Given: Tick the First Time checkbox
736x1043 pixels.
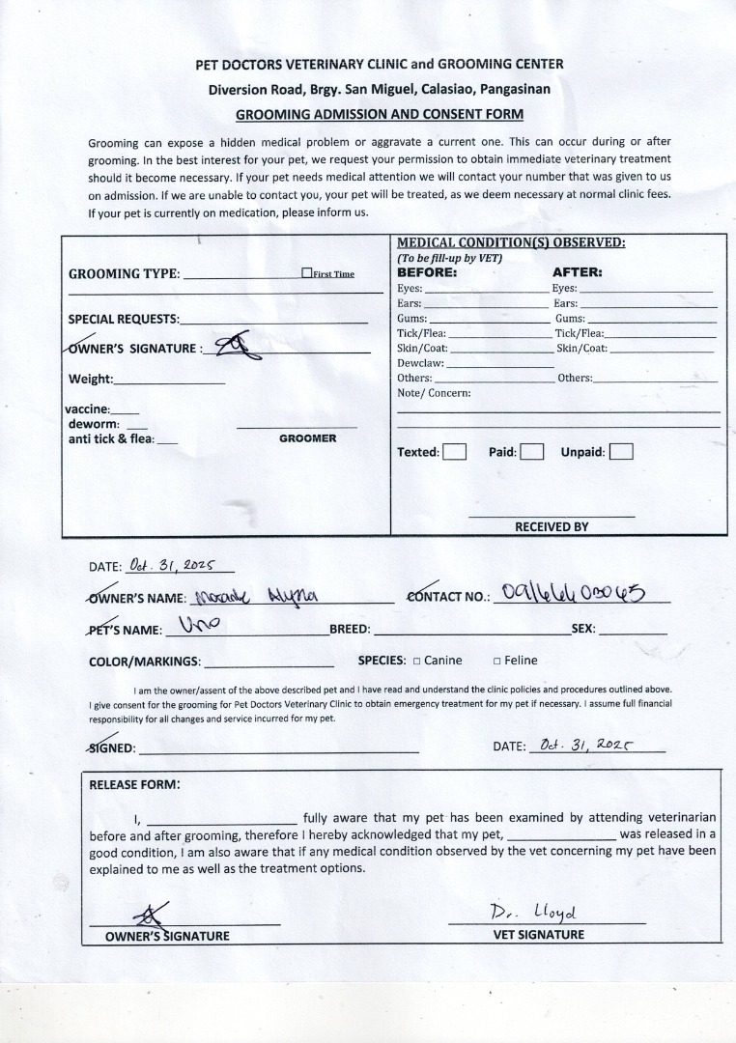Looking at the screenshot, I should pos(306,273).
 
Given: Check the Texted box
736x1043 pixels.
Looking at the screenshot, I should pos(454,452).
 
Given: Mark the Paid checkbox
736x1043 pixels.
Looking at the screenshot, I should pos(532,452).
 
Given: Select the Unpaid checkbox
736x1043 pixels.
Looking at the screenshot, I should pos(621,452).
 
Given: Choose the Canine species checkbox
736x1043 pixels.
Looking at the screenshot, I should pos(416,662).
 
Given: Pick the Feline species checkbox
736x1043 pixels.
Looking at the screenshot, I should pos(496,662).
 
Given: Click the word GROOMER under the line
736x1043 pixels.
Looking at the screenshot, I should pos(308,438).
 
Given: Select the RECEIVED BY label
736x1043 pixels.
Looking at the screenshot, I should pos(552,526).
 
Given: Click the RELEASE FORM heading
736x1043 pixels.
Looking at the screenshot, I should pos(134,784).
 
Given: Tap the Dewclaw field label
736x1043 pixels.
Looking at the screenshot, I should pos(420,363).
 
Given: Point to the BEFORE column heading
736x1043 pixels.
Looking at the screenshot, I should pos(427,272).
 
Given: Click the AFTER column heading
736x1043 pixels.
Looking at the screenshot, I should pos(577,272).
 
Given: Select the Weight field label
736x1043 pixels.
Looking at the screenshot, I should pos(91,379).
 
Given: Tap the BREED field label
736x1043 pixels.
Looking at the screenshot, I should pos(350,630).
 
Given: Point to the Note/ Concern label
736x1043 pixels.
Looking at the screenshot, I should pos(434,393).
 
